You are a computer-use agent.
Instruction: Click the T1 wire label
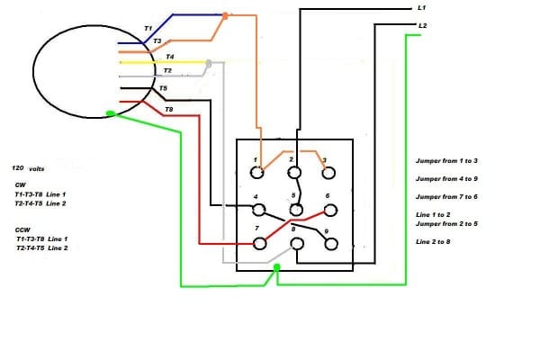148,29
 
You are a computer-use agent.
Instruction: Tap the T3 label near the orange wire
157,41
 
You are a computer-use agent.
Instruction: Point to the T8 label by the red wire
168,108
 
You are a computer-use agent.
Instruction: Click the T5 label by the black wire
162,88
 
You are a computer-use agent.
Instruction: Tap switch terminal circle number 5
293,210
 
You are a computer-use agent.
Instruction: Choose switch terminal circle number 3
328,173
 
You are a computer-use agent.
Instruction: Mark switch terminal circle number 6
328,210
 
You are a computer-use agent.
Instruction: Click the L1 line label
422,7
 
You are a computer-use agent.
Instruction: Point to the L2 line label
422,25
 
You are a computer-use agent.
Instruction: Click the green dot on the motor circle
110,113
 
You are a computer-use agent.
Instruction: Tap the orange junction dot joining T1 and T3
226,15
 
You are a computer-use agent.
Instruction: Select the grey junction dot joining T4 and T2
209,64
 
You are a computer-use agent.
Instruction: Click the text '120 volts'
30,168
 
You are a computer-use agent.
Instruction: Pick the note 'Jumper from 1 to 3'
446,160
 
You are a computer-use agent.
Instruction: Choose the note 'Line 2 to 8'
434,242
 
